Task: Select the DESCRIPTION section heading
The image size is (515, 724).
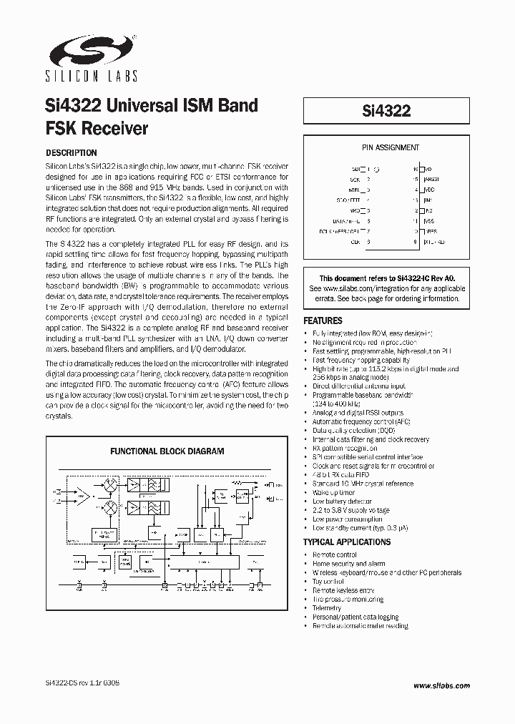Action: [x=71, y=153]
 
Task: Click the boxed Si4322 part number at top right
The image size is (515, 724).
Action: [x=386, y=112]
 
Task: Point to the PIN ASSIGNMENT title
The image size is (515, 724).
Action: [x=390, y=148]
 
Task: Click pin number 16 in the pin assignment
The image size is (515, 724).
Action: [x=415, y=170]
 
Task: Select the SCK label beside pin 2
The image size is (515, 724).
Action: [x=355, y=180]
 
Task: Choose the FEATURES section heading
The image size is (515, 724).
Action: [x=323, y=321]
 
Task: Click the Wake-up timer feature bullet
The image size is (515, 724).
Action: [x=333, y=493]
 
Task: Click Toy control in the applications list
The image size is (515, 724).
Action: [x=328, y=582]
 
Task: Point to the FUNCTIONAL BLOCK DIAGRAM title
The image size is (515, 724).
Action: [x=167, y=451]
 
